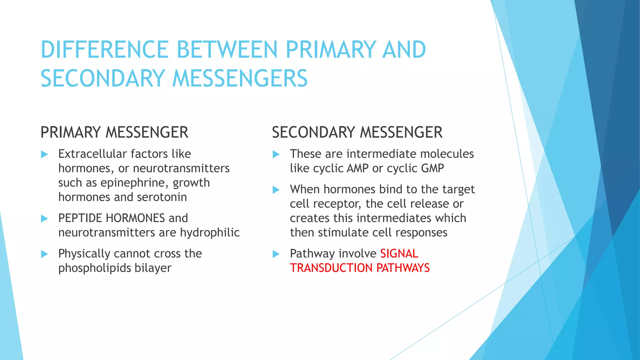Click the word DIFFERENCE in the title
pyautogui.click(x=105, y=49)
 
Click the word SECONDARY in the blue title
pyautogui.click(x=102, y=78)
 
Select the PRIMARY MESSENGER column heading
pyautogui.click(x=114, y=132)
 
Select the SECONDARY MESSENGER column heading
pyautogui.click(x=357, y=132)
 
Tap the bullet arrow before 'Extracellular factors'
pyautogui.click(x=44, y=154)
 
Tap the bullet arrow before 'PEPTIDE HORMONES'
pyautogui.click(x=44, y=218)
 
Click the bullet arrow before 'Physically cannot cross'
pyautogui.click(x=44, y=254)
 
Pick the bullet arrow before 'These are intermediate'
pyautogui.click(x=276, y=154)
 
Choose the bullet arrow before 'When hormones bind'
pyautogui.click(x=276, y=190)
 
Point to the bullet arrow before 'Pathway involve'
pyautogui.click(x=276, y=254)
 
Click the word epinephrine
pyautogui.click(x=135, y=183)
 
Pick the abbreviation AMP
pyautogui.click(x=358, y=168)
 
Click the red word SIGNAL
pyautogui.click(x=399, y=254)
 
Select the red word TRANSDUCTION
pyautogui.click(x=331, y=268)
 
